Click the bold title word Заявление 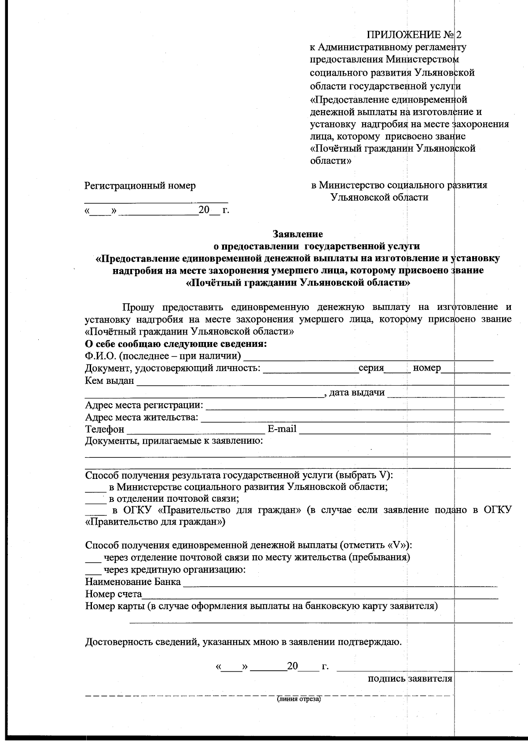tap(298, 234)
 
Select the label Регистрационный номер tap(140, 186)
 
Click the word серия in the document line tap(371, 368)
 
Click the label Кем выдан tap(109, 380)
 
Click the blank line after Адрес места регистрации tap(354, 406)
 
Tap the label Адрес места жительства tap(141, 417)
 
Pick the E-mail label tap(282, 429)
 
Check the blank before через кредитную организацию tap(92, 572)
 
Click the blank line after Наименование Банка tap(340, 584)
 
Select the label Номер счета tap(113, 594)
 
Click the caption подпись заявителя tap(410, 678)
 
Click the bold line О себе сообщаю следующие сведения tap(176, 343)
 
